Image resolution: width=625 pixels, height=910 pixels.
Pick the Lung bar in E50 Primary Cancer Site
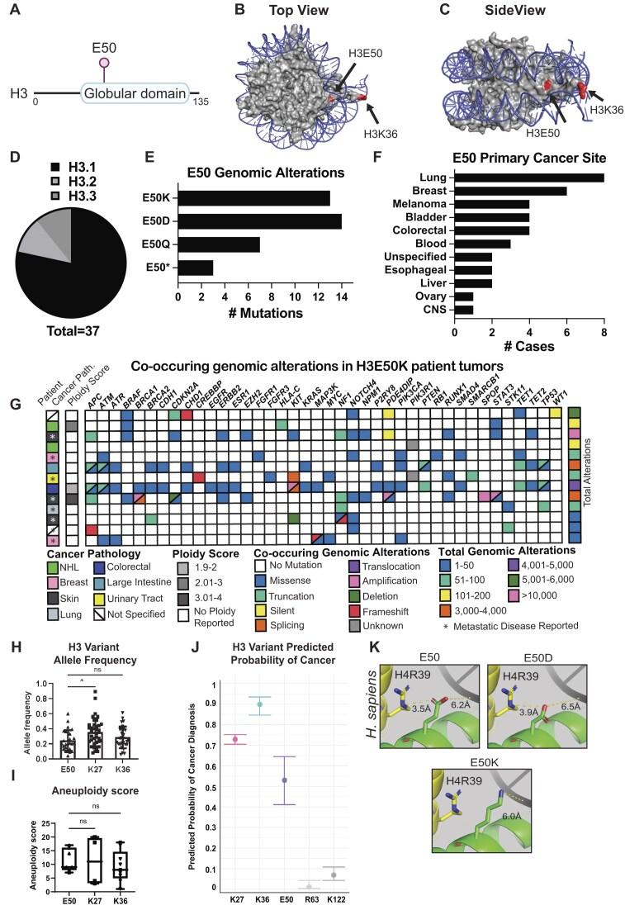[529, 178]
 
